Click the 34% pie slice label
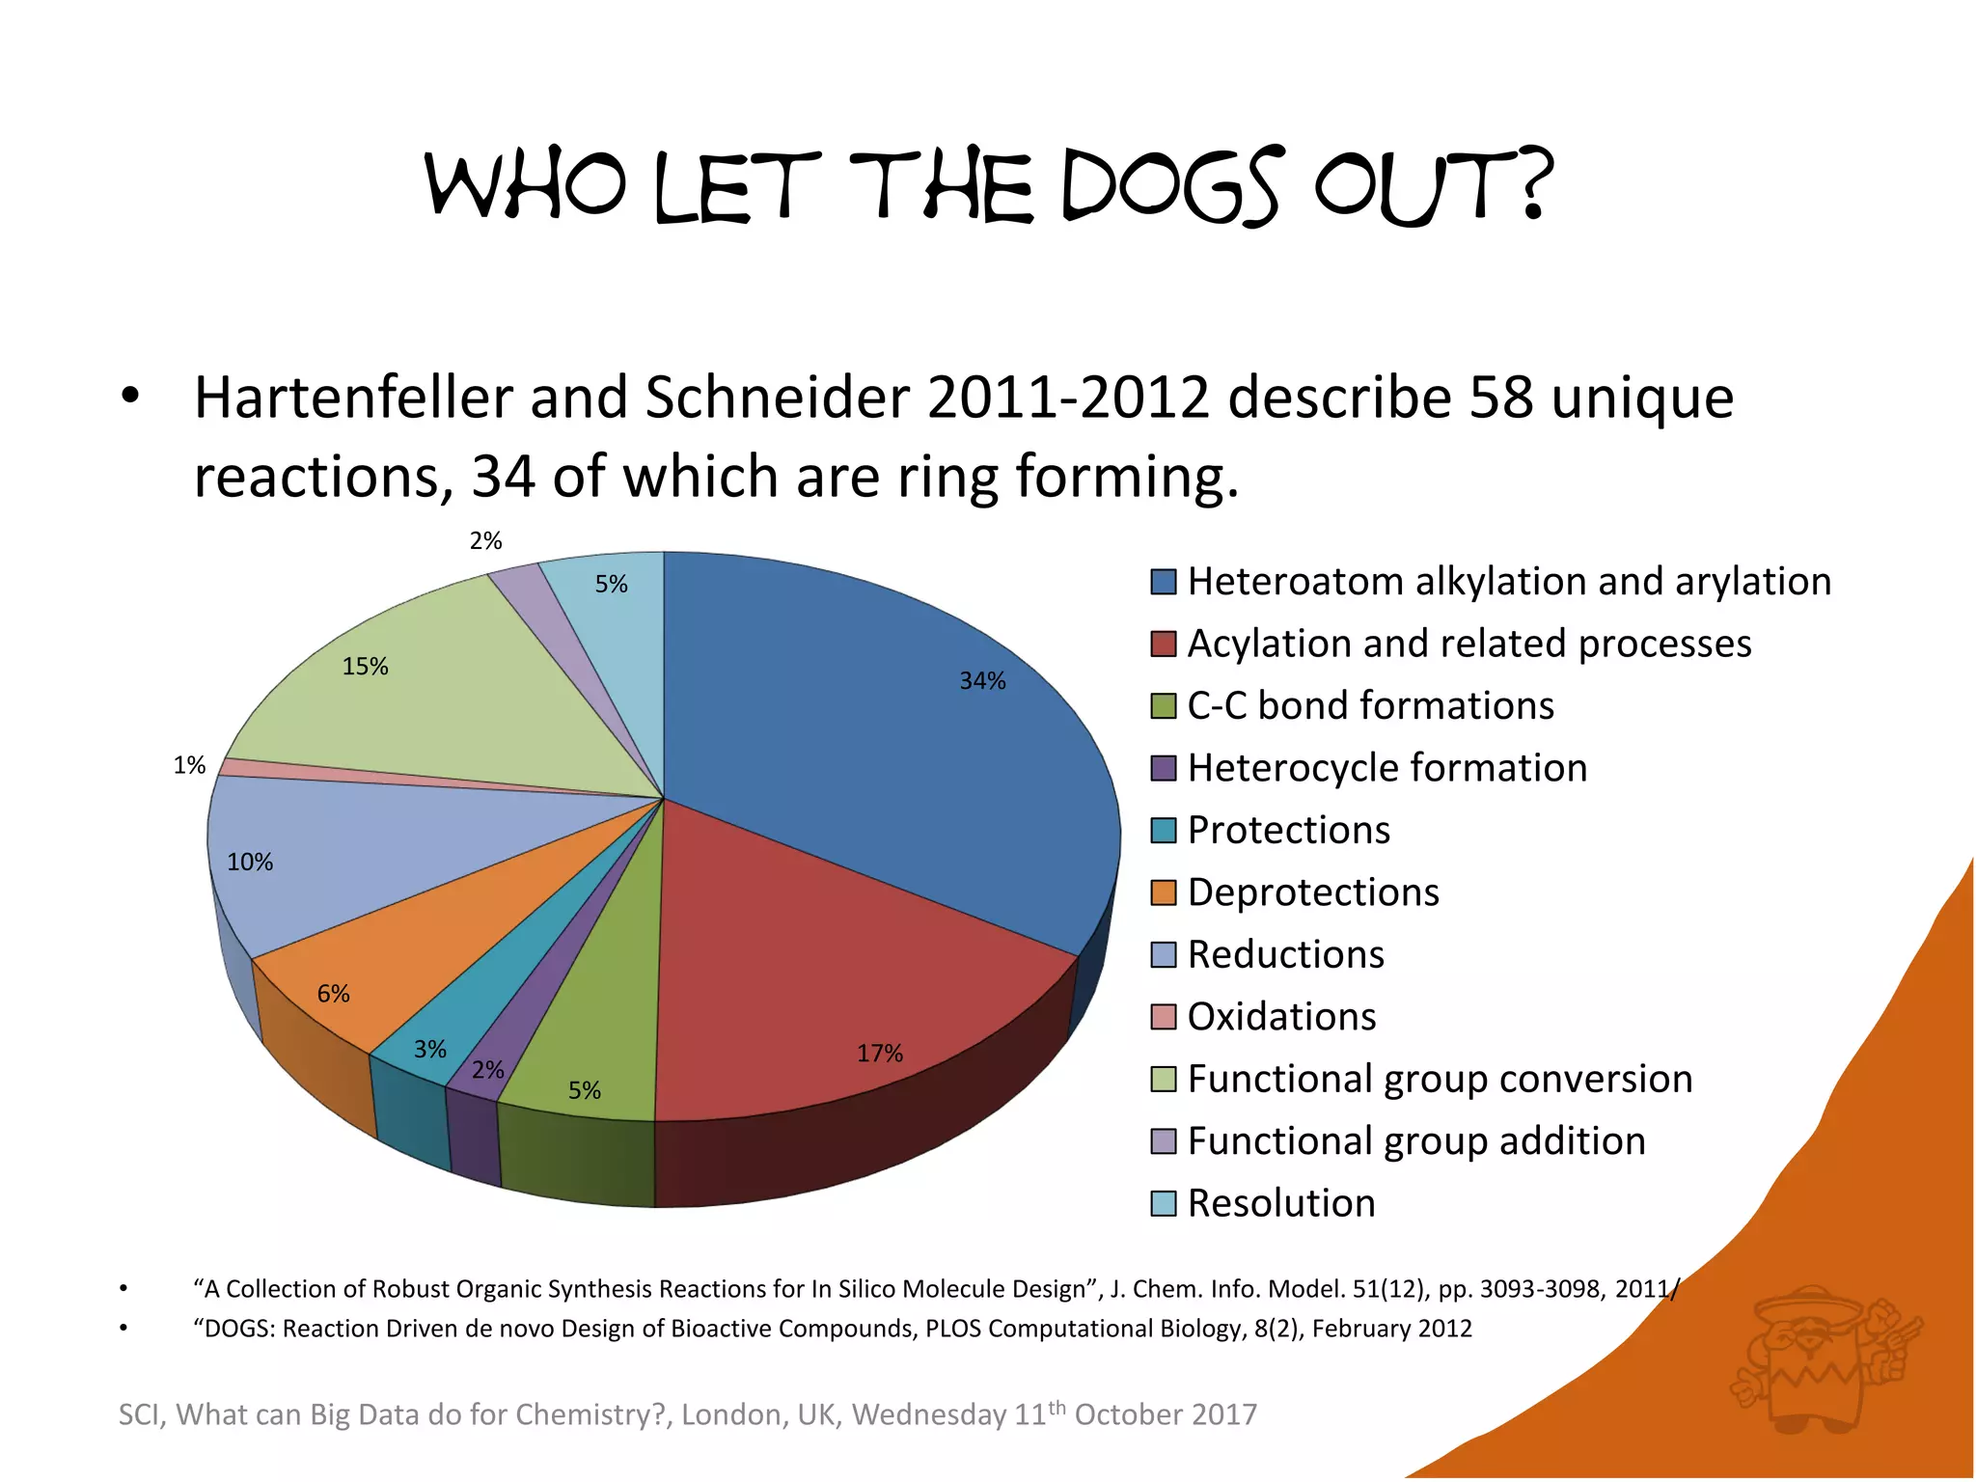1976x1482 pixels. pos(982,681)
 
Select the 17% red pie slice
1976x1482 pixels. pos(849,965)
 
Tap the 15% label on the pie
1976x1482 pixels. pos(365,667)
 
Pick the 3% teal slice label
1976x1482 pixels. pos(430,1050)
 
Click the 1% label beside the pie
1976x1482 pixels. pos(189,766)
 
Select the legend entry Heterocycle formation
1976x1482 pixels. pos(1386,769)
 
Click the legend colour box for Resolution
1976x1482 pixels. pos(1164,1204)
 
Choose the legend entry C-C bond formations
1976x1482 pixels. pos(1370,706)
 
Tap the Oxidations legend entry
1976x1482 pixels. pos(1281,1017)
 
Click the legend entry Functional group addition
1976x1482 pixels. pos(1415,1141)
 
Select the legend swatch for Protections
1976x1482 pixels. pos(1164,831)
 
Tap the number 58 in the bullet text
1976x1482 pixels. pos(1500,398)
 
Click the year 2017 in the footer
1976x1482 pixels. pos(1223,1415)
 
